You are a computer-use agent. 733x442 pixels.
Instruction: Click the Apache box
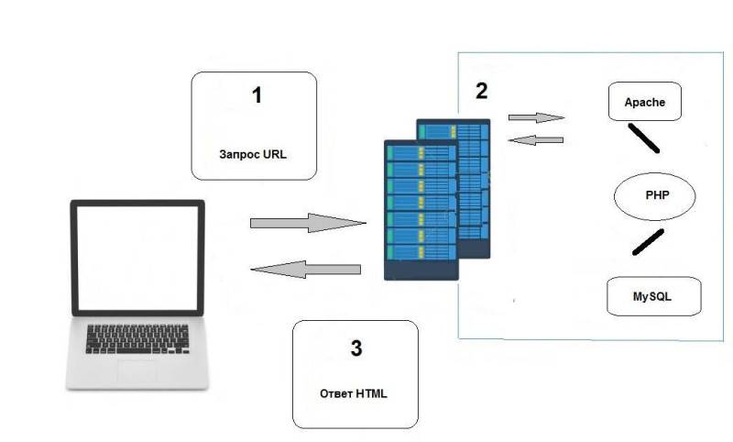[x=647, y=102]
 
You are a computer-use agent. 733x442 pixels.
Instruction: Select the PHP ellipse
[x=655, y=195]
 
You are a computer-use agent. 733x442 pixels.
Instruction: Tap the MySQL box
[x=653, y=297]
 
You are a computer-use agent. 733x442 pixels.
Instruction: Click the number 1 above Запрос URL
[x=257, y=94]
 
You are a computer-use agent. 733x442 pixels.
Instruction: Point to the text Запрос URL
[x=253, y=154]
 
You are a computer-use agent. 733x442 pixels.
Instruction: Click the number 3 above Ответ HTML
[x=356, y=348]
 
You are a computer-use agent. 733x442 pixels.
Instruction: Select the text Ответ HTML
[x=354, y=393]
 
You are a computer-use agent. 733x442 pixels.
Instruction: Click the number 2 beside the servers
[x=481, y=91]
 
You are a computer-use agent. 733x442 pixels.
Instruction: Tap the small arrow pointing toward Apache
[x=536, y=117]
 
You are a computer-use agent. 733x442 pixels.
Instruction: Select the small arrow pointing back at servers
[x=535, y=139]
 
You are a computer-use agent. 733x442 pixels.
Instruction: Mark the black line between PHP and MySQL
[x=648, y=242]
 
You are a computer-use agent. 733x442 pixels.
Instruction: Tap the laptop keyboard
[x=137, y=338]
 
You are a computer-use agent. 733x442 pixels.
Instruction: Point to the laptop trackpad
[x=137, y=370]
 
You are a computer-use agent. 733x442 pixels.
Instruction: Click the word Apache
[x=646, y=102]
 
